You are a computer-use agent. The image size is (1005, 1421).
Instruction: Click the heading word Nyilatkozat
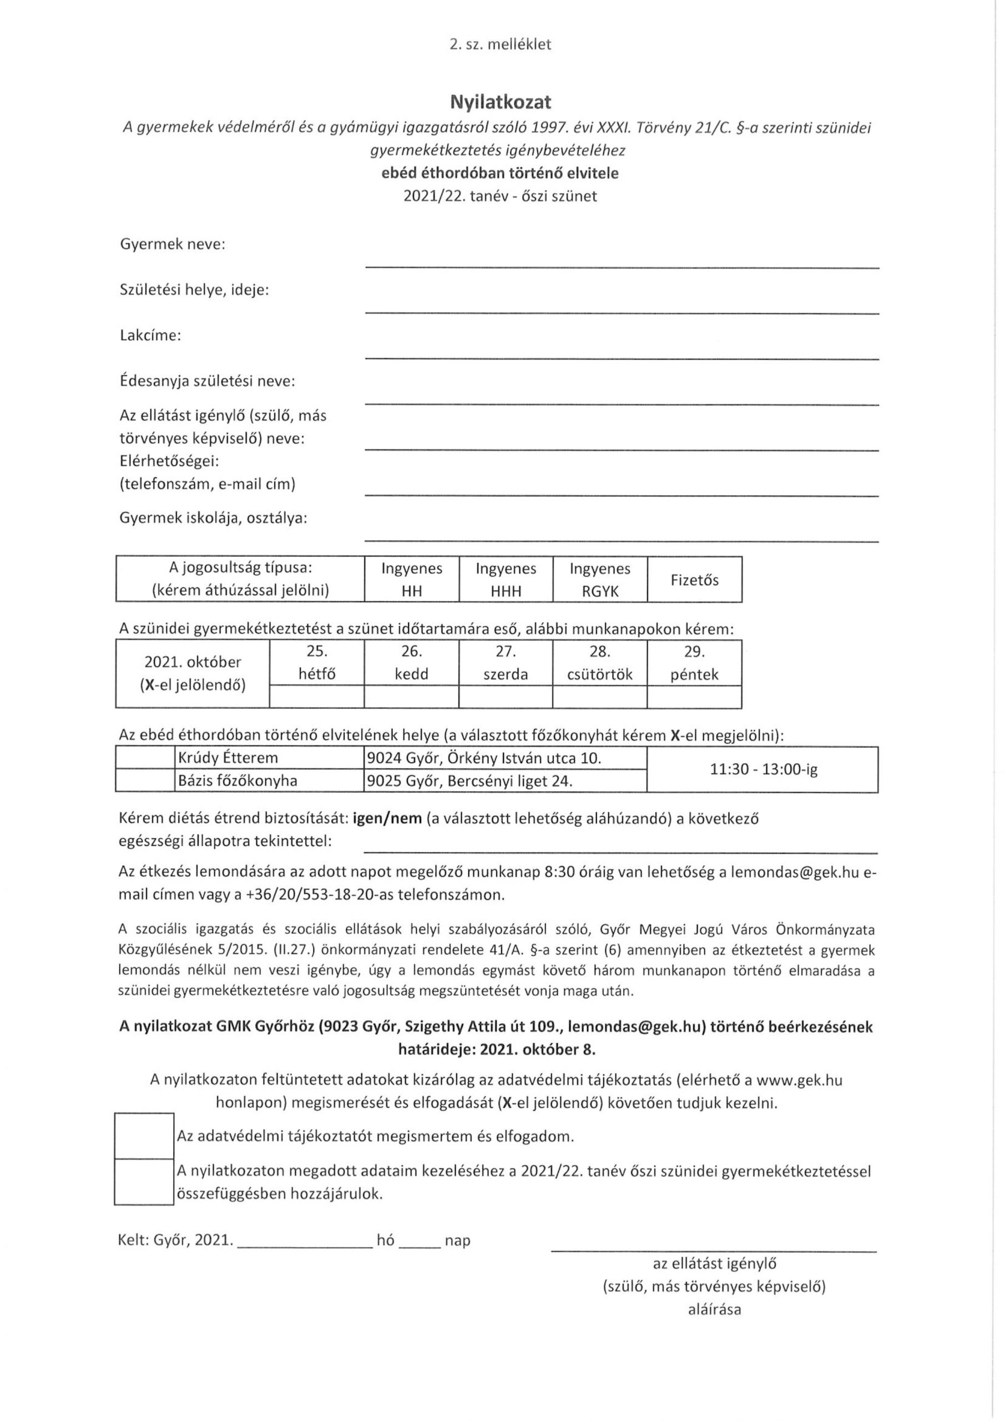point(501,102)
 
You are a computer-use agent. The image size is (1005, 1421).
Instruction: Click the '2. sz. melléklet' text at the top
point(501,44)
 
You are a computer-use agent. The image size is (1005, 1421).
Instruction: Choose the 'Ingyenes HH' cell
point(412,580)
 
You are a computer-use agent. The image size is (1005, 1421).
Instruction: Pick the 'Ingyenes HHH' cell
point(506,580)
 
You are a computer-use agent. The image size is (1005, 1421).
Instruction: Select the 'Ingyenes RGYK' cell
point(600,580)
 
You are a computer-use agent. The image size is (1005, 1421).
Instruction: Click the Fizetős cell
point(694,580)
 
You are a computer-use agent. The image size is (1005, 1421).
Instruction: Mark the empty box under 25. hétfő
point(317,697)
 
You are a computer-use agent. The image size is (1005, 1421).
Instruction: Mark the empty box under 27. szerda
point(506,697)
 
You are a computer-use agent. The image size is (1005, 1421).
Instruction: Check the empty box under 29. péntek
point(694,697)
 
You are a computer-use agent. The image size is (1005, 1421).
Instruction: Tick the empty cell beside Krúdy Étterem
point(145,758)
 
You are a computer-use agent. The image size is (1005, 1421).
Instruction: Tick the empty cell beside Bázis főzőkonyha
point(145,781)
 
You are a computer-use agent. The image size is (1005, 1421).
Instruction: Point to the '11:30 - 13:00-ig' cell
point(763,770)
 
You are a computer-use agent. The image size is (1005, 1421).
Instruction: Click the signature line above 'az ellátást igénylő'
point(714,1251)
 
